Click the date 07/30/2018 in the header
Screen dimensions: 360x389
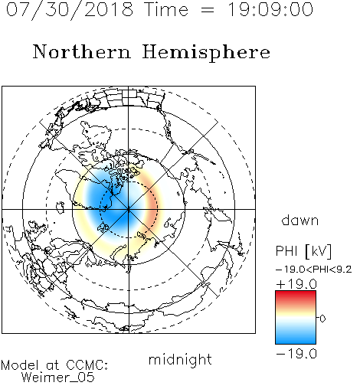[70, 9]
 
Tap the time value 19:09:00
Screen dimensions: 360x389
[270, 9]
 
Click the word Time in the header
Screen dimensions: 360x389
[166, 9]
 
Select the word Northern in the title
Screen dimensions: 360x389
[82, 51]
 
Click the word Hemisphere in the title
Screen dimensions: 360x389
[206, 53]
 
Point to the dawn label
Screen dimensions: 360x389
[300, 220]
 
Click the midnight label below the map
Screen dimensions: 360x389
[180, 361]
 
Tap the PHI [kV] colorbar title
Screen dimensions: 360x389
[303, 251]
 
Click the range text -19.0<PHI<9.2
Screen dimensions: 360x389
[314, 270]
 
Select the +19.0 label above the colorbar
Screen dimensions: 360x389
[296, 284]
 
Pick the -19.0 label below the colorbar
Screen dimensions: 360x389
[296, 354]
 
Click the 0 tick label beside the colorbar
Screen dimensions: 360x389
[322, 319]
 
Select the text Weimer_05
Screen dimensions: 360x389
[58, 378]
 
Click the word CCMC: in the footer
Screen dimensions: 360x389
[87, 364]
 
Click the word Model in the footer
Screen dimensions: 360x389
[20, 365]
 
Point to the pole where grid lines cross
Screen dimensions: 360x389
[129, 210]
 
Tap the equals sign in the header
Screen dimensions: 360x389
[208, 10]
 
